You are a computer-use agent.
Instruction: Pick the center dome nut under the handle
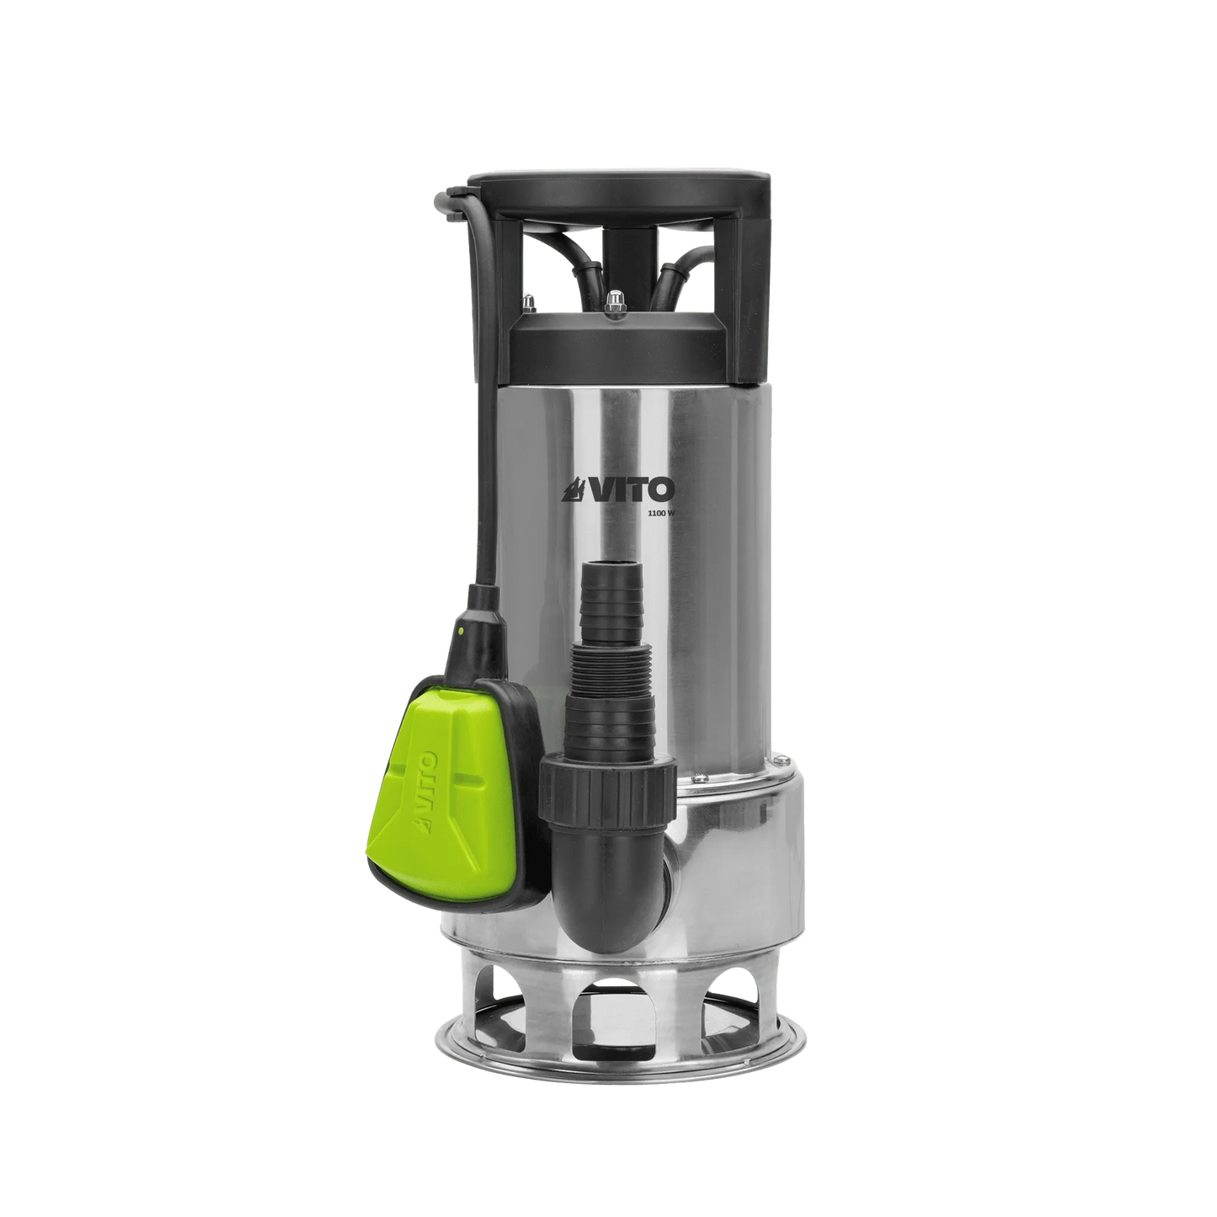[617, 298]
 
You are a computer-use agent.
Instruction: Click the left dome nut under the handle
[528, 300]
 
